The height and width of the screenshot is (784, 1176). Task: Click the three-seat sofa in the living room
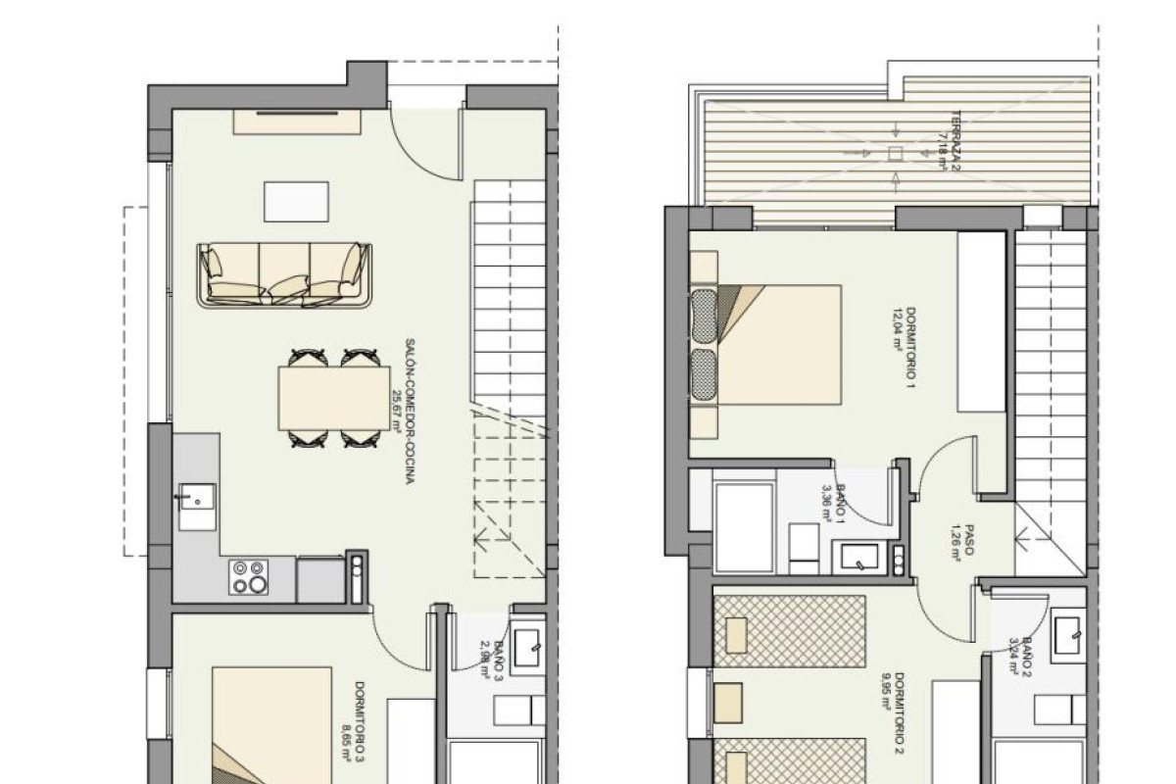(285, 274)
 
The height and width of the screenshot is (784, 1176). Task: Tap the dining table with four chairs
(334, 397)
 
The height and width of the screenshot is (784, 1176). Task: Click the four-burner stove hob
(248, 576)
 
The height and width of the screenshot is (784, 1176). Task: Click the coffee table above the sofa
(296, 202)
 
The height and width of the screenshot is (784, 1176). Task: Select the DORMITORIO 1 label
(909, 348)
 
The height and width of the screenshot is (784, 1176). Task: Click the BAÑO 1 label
(842, 500)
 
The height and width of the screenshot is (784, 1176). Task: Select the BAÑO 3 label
(498, 658)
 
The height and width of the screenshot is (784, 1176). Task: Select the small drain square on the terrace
(894, 153)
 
